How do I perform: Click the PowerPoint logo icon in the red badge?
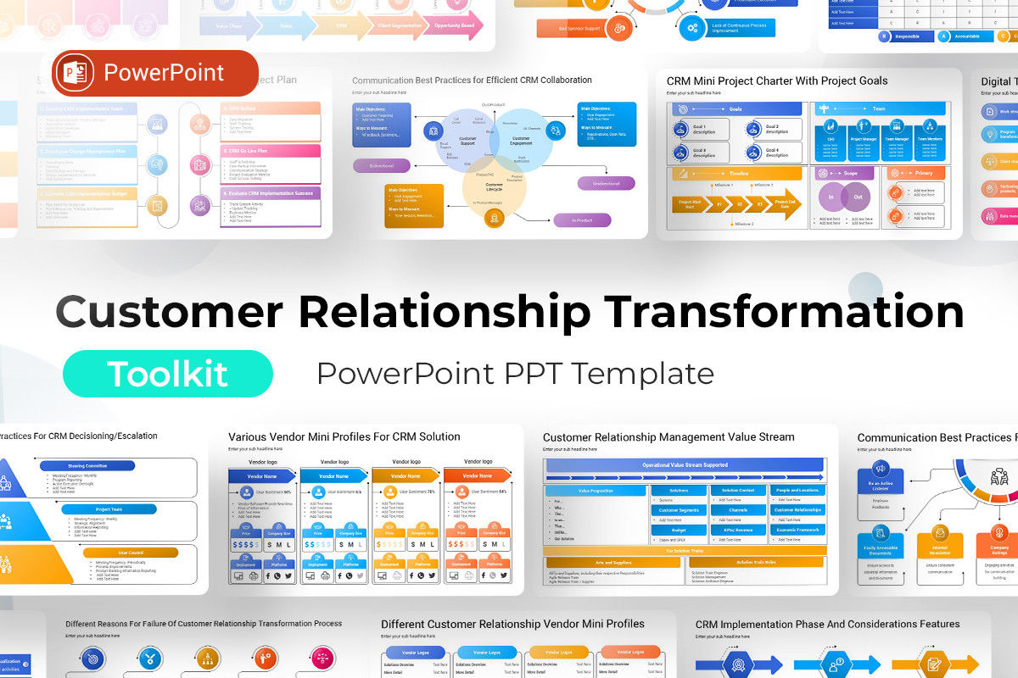pyautogui.click(x=78, y=73)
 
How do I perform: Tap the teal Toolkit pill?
pyautogui.click(x=168, y=374)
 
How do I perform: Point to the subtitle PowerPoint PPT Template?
pyautogui.click(x=515, y=374)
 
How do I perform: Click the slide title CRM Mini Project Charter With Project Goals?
pyautogui.click(x=777, y=81)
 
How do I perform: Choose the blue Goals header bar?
pyautogui.click(x=736, y=109)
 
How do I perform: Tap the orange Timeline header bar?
pyautogui.click(x=736, y=173)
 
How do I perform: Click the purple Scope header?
pyautogui.click(x=844, y=173)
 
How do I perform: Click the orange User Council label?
pyautogui.click(x=130, y=553)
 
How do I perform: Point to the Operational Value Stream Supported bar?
pyautogui.click(x=685, y=465)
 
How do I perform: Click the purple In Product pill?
pyautogui.click(x=581, y=220)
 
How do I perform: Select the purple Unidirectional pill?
pyautogui.click(x=606, y=183)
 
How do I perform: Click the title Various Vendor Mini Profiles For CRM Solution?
pyautogui.click(x=344, y=437)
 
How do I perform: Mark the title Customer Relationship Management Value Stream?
pyautogui.click(x=668, y=437)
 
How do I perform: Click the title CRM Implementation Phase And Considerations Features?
pyautogui.click(x=827, y=625)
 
